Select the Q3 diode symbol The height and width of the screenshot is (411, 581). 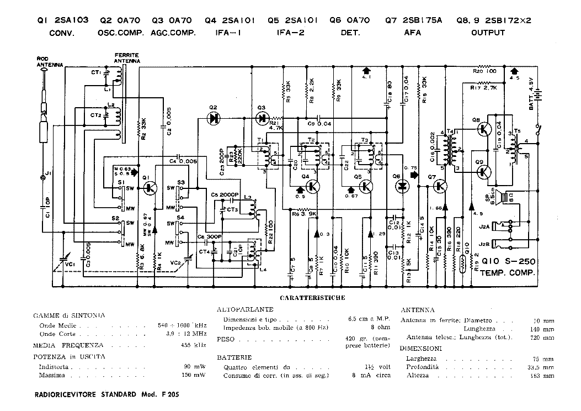click(x=262, y=117)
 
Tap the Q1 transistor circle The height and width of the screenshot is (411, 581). click(x=150, y=188)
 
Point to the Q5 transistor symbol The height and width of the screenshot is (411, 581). click(x=366, y=187)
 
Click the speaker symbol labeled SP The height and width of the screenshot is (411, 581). click(x=502, y=197)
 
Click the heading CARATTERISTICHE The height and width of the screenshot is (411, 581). click(x=312, y=298)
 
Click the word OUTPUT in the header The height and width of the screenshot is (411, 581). click(x=488, y=33)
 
